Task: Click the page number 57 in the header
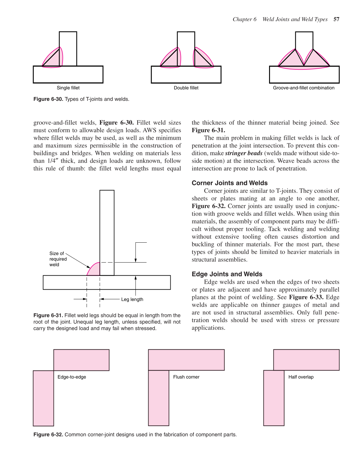[336, 19]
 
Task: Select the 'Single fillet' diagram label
[68, 88]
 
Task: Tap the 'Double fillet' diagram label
[186, 88]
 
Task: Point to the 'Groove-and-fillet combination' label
[304, 88]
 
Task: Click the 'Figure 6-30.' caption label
[48, 99]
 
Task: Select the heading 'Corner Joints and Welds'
[230, 183]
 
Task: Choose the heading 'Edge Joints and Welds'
[227, 274]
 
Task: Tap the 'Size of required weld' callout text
[58, 259]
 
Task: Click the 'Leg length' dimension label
[132, 300]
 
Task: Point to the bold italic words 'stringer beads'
[244, 153]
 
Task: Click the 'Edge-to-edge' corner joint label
[72, 377]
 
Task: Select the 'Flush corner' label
[186, 377]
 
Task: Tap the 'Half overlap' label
[301, 377]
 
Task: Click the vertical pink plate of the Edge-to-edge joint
[43, 398]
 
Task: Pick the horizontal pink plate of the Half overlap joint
[306, 360]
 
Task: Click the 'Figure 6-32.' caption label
[48, 435]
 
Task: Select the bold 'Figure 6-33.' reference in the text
[306, 297]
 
